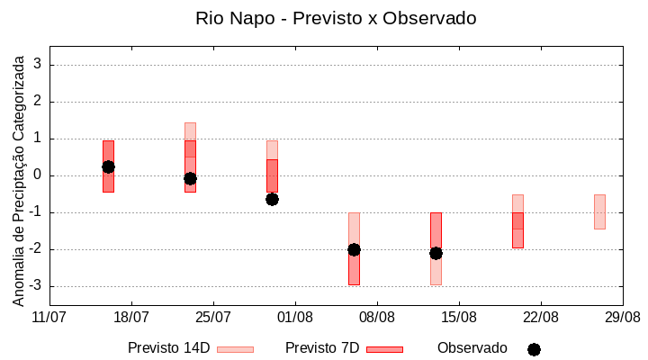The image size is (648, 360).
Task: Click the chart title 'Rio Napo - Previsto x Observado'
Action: (x=336, y=18)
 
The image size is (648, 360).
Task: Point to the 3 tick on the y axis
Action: (x=39, y=65)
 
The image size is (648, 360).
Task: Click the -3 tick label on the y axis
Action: (x=36, y=286)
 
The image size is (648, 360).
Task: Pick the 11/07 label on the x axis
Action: (x=49, y=317)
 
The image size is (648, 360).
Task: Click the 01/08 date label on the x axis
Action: (x=295, y=317)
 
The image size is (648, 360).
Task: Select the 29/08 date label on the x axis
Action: (x=622, y=317)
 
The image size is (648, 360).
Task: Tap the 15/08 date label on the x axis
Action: (x=459, y=317)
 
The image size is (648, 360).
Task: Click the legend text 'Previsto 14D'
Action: (x=168, y=348)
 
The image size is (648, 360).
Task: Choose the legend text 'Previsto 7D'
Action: (x=322, y=348)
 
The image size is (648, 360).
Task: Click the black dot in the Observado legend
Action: (x=534, y=349)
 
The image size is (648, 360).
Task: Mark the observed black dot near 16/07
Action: (x=108, y=166)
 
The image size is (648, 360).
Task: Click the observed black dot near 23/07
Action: (x=190, y=178)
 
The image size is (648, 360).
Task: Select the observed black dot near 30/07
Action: (x=272, y=199)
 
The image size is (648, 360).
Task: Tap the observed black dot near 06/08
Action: (x=354, y=249)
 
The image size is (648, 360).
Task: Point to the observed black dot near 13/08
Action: (x=436, y=253)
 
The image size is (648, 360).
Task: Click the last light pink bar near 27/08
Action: (x=599, y=211)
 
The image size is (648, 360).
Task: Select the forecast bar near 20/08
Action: (x=517, y=221)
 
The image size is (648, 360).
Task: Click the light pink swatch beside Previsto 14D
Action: (x=235, y=349)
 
